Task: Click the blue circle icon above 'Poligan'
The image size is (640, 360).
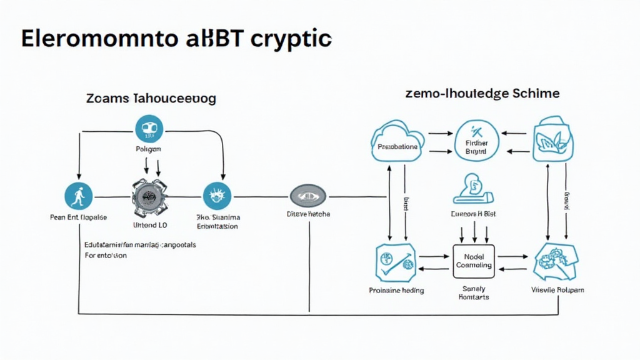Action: tap(149, 129)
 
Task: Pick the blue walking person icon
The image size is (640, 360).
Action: tap(79, 196)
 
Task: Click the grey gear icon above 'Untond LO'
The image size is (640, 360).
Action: tap(149, 196)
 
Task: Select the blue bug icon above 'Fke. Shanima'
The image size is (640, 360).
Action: tap(217, 196)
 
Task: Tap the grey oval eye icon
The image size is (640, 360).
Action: tap(308, 196)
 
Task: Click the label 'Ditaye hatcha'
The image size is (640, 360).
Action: tap(308, 214)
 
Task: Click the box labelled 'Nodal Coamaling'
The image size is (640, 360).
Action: tap(473, 261)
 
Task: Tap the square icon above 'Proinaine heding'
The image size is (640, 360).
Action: tap(396, 262)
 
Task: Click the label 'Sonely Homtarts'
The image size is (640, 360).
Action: tap(473, 292)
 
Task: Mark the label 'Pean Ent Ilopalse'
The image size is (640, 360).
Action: tap(78, 217)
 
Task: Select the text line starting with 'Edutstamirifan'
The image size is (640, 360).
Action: tap(140, 245)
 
